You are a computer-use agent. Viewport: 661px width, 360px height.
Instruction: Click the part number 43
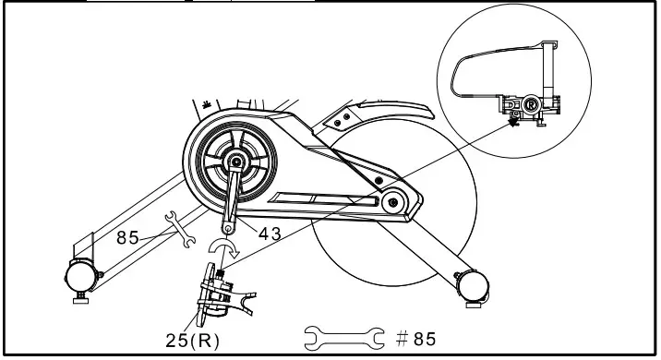(269, 234)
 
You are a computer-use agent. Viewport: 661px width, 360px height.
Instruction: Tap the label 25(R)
(191, 341)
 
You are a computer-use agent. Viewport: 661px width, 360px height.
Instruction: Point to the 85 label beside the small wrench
(128, 238)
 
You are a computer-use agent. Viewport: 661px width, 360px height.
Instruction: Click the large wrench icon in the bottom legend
(344, 337)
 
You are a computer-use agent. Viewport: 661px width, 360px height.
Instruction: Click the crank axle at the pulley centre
(236, 163)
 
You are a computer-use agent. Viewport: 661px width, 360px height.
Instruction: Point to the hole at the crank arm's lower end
(226, 223)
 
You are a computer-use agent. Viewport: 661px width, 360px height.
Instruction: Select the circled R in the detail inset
(532, 106)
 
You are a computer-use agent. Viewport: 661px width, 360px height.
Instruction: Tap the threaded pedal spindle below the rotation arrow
(222, 273)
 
